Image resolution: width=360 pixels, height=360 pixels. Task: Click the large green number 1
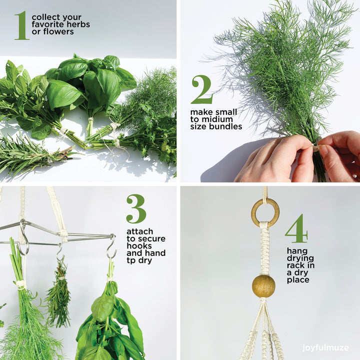tap(22, 25)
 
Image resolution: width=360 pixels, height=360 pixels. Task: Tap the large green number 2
tap(202, 89)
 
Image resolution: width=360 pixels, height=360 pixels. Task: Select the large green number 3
tap(136, 208)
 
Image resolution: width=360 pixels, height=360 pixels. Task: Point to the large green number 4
tap(296, 228)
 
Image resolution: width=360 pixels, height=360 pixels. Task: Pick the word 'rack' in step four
tap(296, 265)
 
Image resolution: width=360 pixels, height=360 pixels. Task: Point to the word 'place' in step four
tap(298, 280)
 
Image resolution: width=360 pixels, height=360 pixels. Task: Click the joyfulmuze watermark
tap(325, 347)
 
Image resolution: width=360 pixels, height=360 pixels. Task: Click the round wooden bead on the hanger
tap(263, 286)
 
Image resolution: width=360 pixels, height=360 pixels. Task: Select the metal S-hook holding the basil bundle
tap(112, 246)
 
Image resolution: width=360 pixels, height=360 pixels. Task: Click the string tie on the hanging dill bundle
tap(20, 284)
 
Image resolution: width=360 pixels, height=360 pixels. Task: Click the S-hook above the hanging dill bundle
tap(23, 237)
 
